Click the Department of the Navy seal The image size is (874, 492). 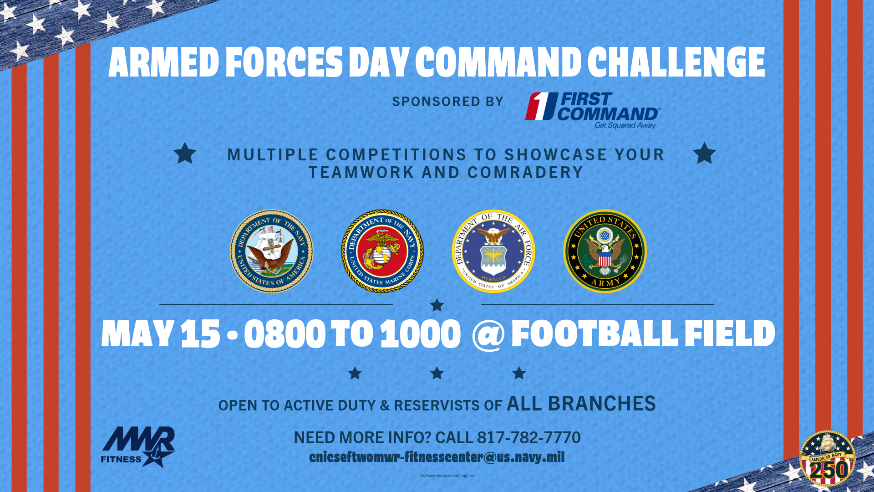[x=272, y=251]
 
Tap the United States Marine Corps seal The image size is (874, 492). [x=382, y=251]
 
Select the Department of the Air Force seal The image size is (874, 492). [x=493, y=251]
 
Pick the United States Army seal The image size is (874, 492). [x=605, y=251]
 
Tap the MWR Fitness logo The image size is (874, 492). [x=138, y=447]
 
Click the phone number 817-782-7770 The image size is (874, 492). [x=528, y=437]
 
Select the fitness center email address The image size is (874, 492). [x=437, y=457]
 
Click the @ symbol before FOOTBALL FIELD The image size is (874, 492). [x=488, y=334]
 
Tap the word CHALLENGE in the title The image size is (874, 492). [x=676, y=62]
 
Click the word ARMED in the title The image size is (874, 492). [x=164, y=62]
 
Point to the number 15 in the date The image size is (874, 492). [x=200, y=334]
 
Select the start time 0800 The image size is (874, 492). [x=285, y=334]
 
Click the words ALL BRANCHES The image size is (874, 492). [x=581, y=404]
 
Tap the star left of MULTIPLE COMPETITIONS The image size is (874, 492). [x=185, y=154]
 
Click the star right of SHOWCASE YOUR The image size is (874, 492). [x=704, y=154]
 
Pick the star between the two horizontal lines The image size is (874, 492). [x=437, y=305]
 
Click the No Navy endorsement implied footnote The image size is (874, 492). [x=447, y=476]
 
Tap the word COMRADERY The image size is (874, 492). [x=525, y=173]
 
